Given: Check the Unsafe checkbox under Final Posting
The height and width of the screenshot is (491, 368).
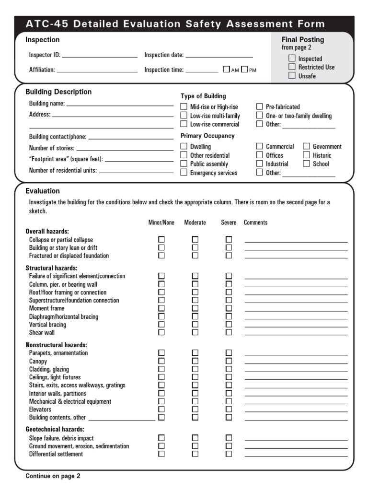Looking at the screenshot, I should point(292,76).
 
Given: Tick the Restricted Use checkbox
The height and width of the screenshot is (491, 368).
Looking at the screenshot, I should point(292,67).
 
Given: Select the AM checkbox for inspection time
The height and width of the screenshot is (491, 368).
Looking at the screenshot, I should point(227,70).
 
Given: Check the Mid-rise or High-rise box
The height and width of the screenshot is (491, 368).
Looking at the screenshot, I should point(184,107).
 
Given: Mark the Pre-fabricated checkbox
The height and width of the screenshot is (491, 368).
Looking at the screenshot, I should point(259,107).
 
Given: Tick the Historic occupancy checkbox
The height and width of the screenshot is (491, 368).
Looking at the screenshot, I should point(306,155).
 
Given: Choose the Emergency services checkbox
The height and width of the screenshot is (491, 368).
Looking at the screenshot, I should point(184,173).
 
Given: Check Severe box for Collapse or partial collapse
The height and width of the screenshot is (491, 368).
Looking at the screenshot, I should point(229,240).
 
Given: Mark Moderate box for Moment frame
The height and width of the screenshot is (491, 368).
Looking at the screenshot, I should point(195,308).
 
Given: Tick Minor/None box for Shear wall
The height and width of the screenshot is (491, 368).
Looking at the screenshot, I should point(161,332).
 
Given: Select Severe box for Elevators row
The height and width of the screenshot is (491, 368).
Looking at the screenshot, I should point(229,409).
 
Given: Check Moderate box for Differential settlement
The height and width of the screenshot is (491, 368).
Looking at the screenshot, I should point(195,454).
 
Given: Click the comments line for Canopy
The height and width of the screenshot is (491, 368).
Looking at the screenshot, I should point(296,363).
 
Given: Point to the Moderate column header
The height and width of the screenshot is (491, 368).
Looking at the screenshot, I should point(195,222).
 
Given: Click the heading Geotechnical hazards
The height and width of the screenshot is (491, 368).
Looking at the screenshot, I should point(55,429).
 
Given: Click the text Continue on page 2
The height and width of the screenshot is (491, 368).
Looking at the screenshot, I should point(53,476).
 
